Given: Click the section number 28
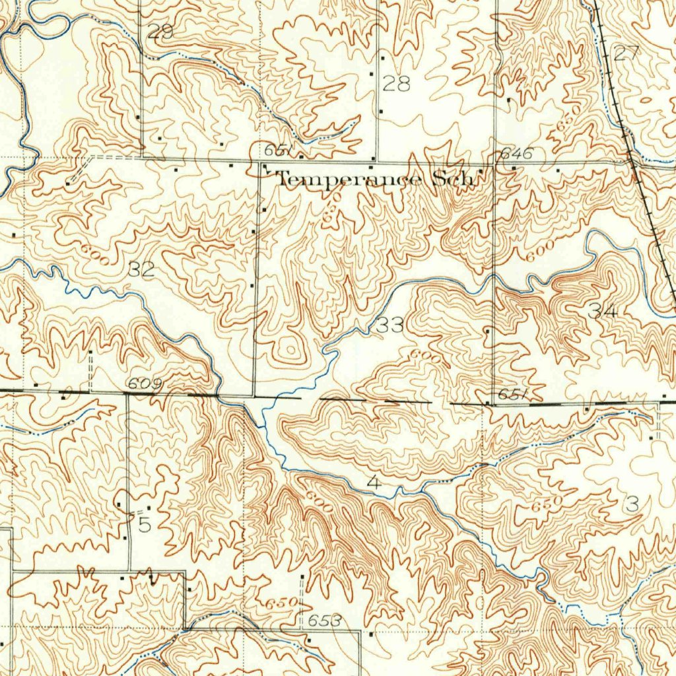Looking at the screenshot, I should click(x=396, y=84).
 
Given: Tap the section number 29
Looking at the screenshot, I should click(x=159, y=31).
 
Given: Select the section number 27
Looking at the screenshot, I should click(x=626, y=54).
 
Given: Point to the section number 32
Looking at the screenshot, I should click(x=141, y=269).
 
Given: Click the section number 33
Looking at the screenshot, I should click(x=390, y=324).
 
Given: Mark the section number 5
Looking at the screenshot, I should click(x=145, y=525).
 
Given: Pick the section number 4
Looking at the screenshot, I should click(x=374, y=483).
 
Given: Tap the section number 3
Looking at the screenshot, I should click(x=632, y=506).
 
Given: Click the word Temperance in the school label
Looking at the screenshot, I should click(x=351, y=179).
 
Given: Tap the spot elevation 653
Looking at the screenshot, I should click(x=325, y=621).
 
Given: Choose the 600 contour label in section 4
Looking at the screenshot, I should click(x=318, y=500).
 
